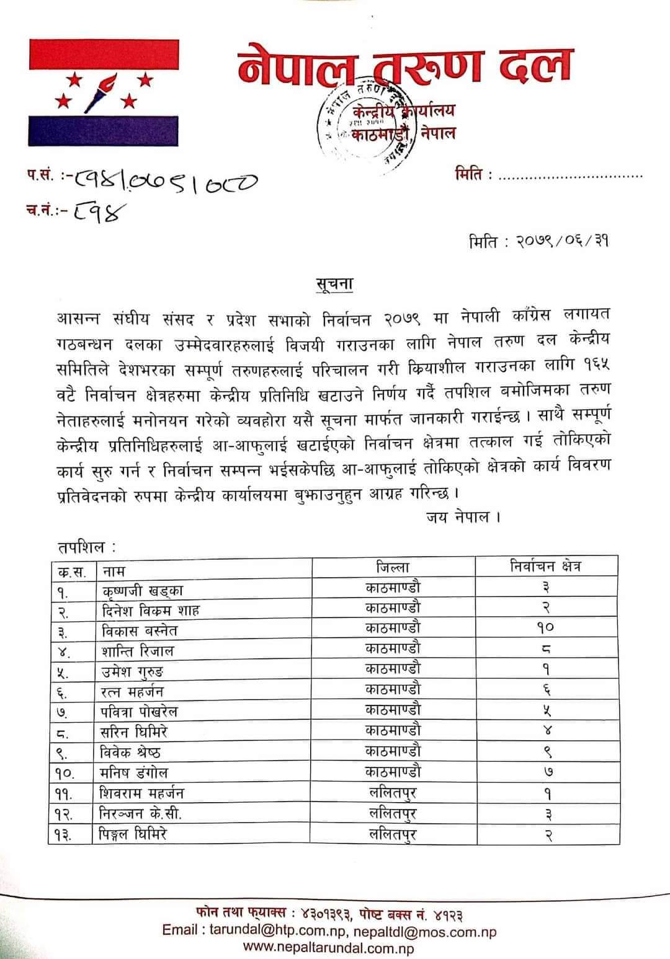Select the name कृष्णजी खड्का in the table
143,590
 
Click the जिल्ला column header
393,567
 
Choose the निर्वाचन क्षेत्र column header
546,566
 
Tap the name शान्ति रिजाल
138,651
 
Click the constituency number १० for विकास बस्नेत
546,627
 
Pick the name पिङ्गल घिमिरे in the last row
133,834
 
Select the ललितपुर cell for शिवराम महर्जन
393,793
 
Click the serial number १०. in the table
63,773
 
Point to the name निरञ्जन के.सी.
141,813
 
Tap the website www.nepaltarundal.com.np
329,947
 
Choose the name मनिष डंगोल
133,773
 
